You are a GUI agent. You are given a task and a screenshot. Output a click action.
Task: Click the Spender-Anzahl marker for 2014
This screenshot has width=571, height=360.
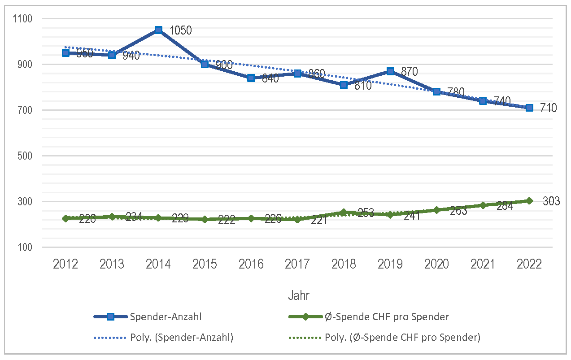[x=158, y=30]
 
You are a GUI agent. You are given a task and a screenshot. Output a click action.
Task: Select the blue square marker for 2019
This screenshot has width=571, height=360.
[x=390, y=71]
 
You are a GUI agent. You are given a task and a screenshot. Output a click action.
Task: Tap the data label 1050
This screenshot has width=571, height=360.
[x=181, y=30]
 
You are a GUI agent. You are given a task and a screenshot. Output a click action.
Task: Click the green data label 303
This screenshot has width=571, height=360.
[x=551, y=201]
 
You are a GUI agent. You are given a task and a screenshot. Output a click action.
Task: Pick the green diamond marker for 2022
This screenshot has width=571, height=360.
[x=529, y=201]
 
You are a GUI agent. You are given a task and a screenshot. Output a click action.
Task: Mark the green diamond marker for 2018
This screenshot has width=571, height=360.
[x=344, y=213]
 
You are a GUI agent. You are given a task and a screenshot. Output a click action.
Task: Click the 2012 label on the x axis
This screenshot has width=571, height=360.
[x=65, y=264]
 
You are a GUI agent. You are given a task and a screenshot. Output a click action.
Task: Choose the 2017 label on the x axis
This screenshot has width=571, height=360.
[x=297, y=264]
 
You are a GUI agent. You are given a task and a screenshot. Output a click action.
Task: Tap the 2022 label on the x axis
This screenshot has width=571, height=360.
[x=529, y=264]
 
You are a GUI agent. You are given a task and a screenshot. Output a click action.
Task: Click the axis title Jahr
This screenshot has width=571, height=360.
[x=298, y=295]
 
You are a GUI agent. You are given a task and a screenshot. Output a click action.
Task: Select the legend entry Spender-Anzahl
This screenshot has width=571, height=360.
[x=166, y=317]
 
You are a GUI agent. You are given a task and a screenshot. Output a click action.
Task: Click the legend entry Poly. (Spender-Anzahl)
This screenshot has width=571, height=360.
[x=181, y=338]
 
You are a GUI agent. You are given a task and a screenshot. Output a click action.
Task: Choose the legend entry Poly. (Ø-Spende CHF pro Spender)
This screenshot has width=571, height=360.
[x=402, y=338]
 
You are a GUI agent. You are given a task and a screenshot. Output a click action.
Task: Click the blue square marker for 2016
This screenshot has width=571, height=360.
[x=251, y=78]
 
